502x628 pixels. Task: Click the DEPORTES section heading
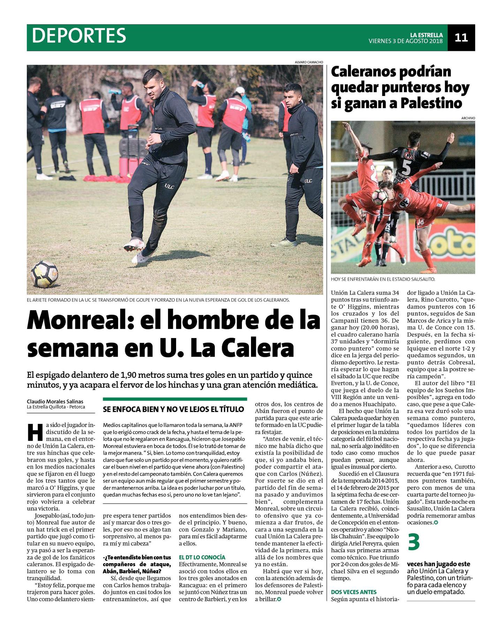pos(79,36)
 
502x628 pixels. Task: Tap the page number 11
pos(461,37)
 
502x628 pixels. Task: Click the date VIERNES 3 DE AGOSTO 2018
pos(405,41)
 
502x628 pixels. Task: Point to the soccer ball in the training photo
pos(44,274)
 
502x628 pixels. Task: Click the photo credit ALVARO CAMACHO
pos(309,62)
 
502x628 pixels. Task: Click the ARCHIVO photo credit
pos(468,118)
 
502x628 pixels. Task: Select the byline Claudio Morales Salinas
pos(55,402)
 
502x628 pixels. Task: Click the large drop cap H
pos(35,433)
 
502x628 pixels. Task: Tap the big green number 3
pos(413,542)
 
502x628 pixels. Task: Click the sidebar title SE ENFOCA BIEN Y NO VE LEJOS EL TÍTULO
pos(174,410)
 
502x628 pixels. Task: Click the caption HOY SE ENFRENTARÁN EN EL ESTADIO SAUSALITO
pos(383,279)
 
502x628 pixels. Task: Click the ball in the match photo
pos(379,197)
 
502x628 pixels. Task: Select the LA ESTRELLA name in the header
pos(426,35)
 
